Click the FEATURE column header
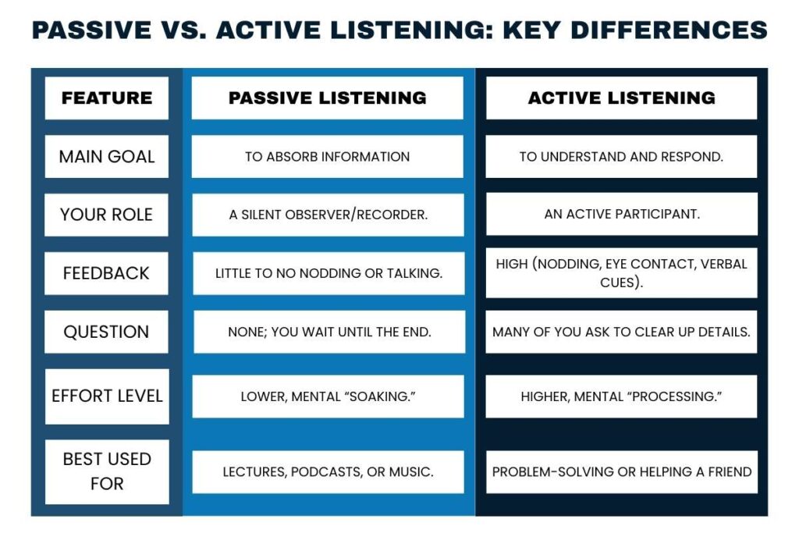(x=107, y=98)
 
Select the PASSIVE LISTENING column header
(x=328, y=98)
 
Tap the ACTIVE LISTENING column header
(x=621, y=98)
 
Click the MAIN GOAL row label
(x=107, y=156)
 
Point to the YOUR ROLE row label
(x=107, y=215)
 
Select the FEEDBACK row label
(x=107, y=273)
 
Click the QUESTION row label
(x=107, y=332)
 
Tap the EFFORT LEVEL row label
(x=107, y=396)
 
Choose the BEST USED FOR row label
(x=107, y=471)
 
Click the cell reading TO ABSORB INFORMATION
(x=328, y=156)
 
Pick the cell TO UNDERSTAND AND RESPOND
(x=621, y=156)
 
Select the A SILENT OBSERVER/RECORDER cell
(x=328, y=215)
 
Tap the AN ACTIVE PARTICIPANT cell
(x=621, y=215)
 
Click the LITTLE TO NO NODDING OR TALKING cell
(x=328, y=273)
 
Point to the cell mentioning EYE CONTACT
(x=621, y=273)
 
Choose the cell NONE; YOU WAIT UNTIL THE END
(x=328, y=332)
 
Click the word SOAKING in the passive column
(x=381, y=396)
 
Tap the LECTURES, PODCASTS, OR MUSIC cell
(x=328, y=471)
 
